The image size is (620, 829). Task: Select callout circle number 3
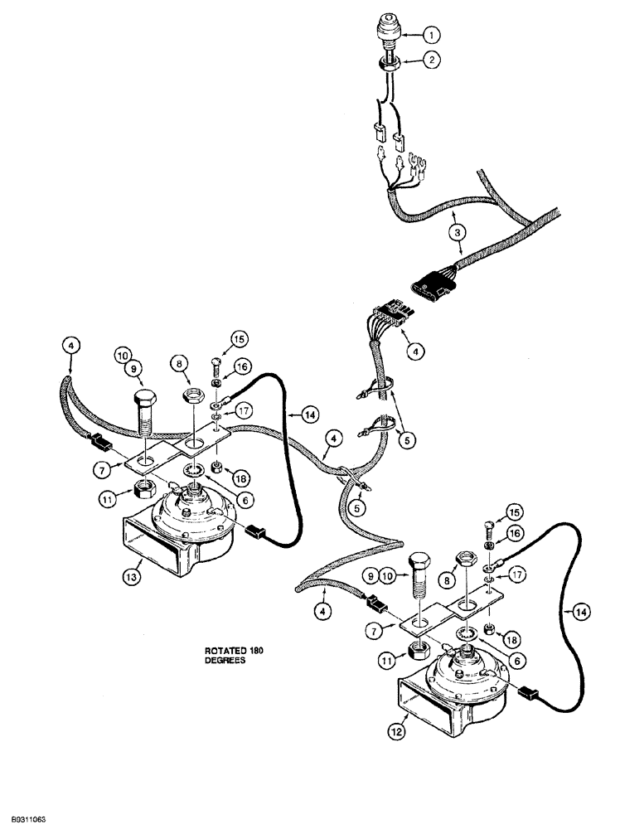point(460,233)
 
